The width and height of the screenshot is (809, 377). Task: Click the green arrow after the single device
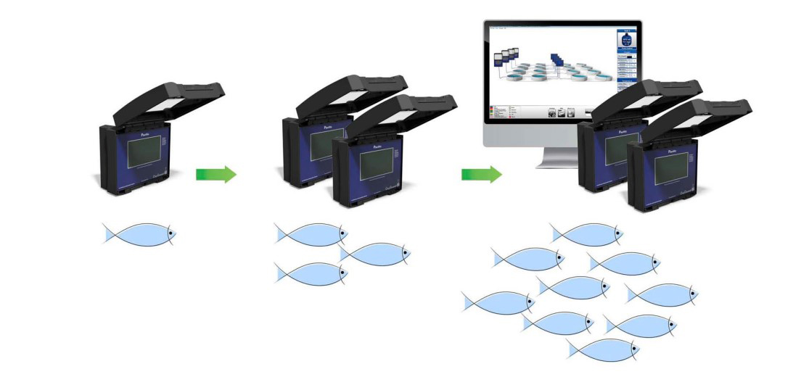click(x=215, y=174)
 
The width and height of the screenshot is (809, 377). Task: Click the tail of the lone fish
click(x=110, y=233)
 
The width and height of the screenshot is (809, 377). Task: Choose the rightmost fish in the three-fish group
click(x=374, y=254)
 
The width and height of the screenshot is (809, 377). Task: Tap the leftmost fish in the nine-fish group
click(x=498, y=302)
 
